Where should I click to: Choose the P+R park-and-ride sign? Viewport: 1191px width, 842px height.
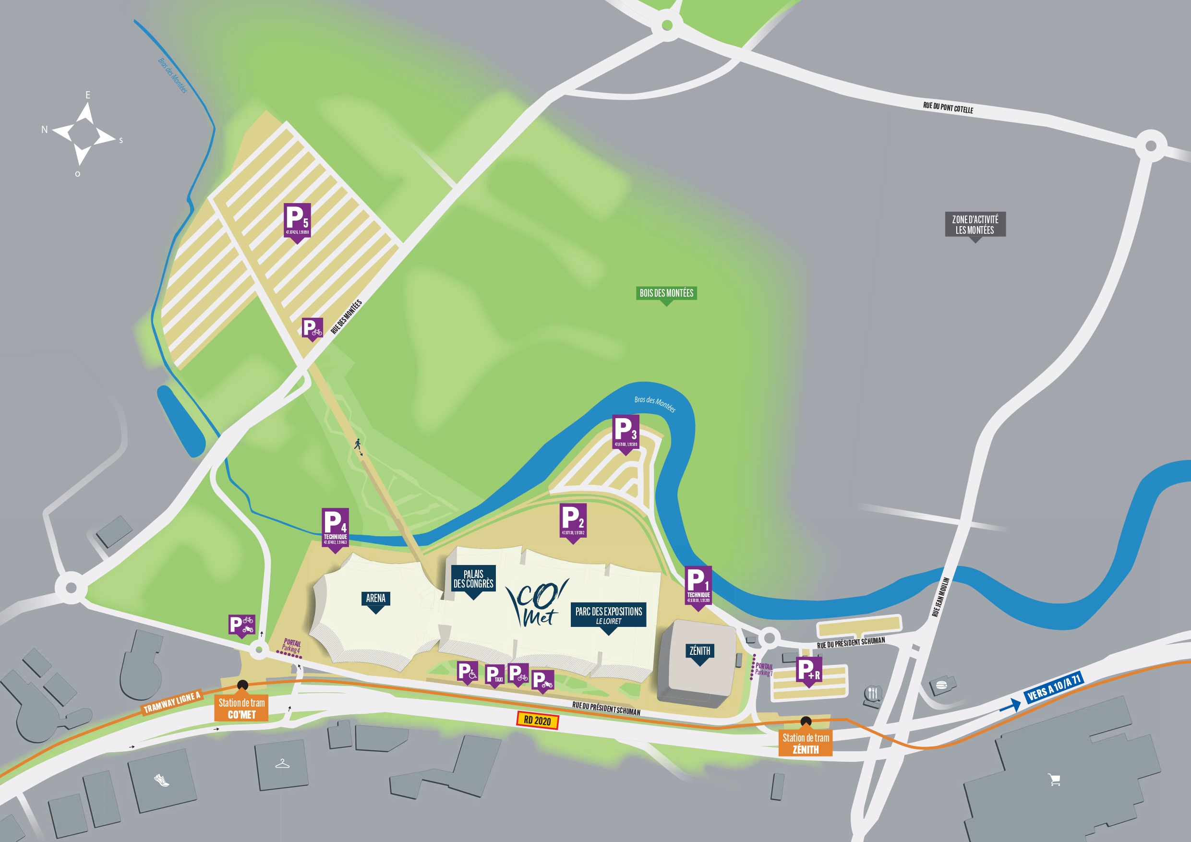pyautogui.click(x=809, y=670)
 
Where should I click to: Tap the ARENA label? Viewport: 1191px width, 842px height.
pyautogui.click(x=375, y=599)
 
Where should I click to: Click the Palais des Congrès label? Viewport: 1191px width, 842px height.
pyautogui.click(x=473, y=579)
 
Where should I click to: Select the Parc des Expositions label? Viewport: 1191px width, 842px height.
pyautogui.click(x=609, y=615)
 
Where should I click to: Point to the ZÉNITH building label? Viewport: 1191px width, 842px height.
pyautogui.click(x=700, y=651)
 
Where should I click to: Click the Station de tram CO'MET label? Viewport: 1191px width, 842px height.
pyautogui.click(x=242, y=708)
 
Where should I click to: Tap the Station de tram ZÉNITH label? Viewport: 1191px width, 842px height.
pyautogui.click(x=806, y=744)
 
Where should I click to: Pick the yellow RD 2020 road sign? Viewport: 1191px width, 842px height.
pyautogui.click(x=537, y=721)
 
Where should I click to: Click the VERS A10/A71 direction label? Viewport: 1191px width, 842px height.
pyautogui.click(x=1054, y=687)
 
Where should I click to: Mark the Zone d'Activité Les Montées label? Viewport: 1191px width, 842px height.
pyautogui.click(x=974, y=225)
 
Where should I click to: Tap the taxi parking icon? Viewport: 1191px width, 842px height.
pyautogui.click(x=494, y=674)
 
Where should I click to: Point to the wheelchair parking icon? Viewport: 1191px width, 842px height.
pyautogui.click(x=467, y=673)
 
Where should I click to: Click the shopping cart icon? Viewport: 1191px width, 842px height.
pyautogui.click(x=1054, y=780)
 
